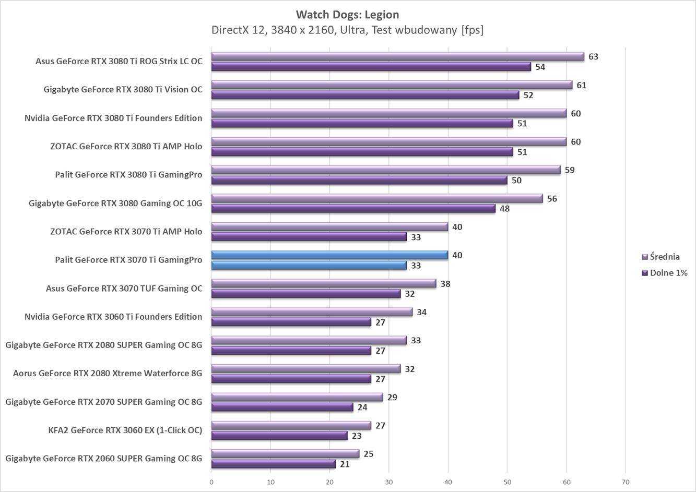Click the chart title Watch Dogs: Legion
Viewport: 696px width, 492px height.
[x=347, y=15]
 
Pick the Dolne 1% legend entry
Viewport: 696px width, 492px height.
[x=668, y=273]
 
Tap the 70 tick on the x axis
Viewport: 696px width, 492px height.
[x=626, y=482]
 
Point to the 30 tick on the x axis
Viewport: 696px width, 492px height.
[x=388, y=482]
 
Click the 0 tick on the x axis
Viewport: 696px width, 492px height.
[x=211, y=482]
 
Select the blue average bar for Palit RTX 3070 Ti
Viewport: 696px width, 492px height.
[x=329, y=255]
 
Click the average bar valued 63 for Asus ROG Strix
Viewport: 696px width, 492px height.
[x=397, y=56]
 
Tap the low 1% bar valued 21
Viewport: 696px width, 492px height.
[x=273, y=464]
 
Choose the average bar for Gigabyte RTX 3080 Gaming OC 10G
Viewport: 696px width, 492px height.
[x=377, y=198]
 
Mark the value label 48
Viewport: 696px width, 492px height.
[x=504, y=209]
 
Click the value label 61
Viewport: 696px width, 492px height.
[x=581, y=85]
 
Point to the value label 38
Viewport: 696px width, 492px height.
[x=445, y=284]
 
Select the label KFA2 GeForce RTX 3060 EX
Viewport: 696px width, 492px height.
[x=125, y=430]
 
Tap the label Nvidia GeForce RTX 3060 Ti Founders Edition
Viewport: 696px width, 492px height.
[x=113, y=316]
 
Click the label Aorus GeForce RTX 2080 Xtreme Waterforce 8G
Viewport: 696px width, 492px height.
[x=108, y=373]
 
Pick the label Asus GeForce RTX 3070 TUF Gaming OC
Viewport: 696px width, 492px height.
[x=124, y=288]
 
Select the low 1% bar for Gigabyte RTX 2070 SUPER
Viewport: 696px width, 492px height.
[x=282, y=407]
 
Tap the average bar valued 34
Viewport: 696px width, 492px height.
[x=312, y=312]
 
